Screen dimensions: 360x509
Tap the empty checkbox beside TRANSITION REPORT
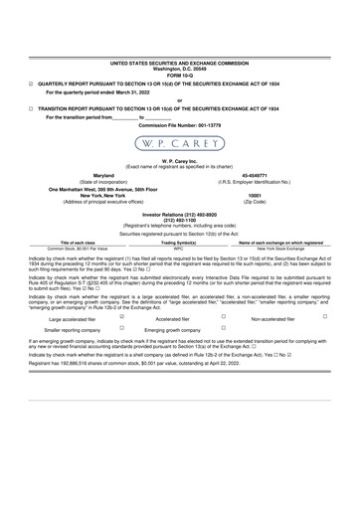point(31,108)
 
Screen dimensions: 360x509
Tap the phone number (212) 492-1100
point(179,219)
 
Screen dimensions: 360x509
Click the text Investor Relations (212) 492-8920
point(179,213)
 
